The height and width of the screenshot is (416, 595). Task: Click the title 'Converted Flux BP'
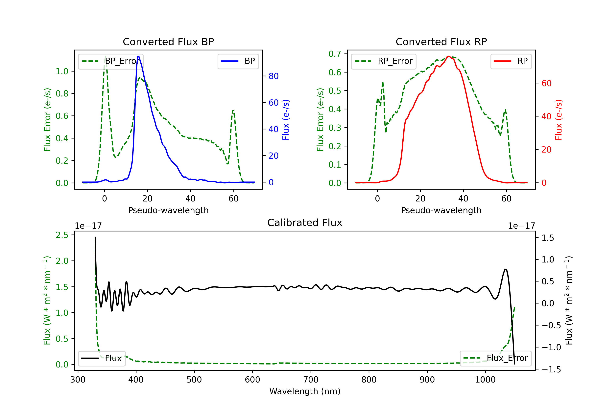pyautogui.click(x=168, y=42)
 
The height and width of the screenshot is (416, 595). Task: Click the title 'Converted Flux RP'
pyautogui.click(x=441, y=42)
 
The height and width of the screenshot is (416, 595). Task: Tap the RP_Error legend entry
pyautogui.click(x=384, y=61)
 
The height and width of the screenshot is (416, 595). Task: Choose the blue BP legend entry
pyautogui.click(x=238, y=61)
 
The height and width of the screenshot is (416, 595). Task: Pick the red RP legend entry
pyautogui.click(x=511, y=61)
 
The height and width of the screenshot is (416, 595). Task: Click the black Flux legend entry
pyautogui.click(x=102, y=358)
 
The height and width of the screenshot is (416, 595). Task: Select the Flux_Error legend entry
pyautogui.click(x=495, y=358)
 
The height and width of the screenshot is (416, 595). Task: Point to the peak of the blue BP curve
pyautogui.click(x=138, y=56)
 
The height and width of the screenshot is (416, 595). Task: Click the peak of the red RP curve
pyautogui.click(x=449, y=56)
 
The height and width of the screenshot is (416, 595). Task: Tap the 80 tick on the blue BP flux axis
pyautogui.click(x=273, y=76)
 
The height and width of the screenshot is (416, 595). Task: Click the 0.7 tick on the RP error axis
pyautogui.click(x=335, y=54)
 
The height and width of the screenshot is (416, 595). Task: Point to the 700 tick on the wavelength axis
pyautogui.click(x=311, y=380)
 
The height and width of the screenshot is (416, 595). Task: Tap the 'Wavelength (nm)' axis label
pyautogui.click(x=305, y=391)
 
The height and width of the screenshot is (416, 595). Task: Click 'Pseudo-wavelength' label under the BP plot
pyautogui.click(x=168, y=210)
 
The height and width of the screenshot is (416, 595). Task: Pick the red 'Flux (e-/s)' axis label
pyautogui.click(x=559, y=120)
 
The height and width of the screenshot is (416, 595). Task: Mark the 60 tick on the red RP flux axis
pyautogui.click(x=546, y=83)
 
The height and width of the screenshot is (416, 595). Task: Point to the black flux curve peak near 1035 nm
pyautogui.click(x=505, y=269)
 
